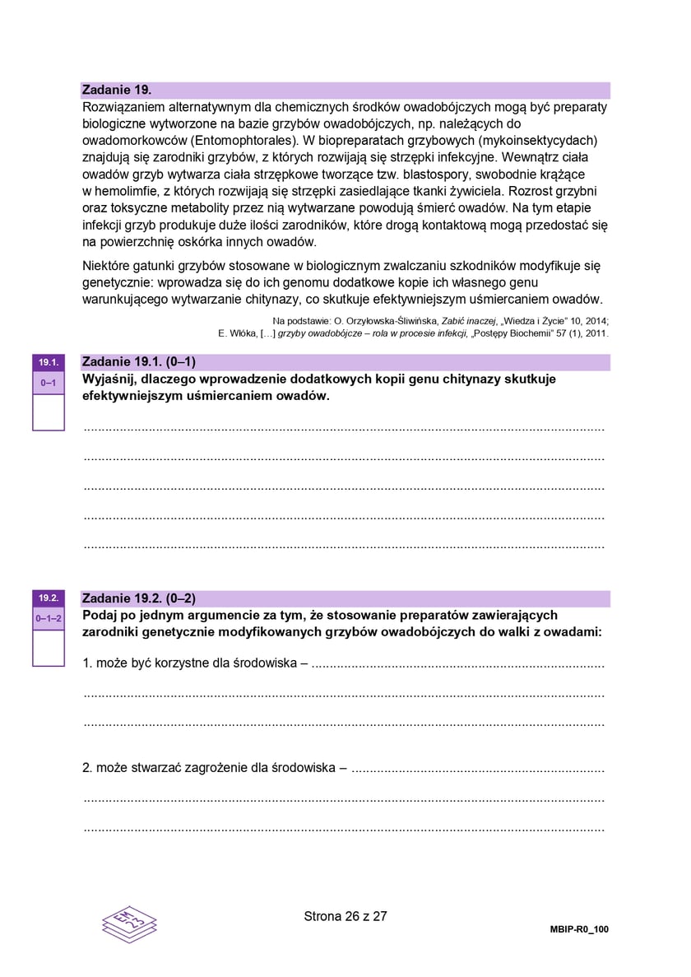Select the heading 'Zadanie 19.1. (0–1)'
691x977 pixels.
[x=139, y=362]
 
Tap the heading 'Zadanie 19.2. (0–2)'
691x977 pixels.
[x=139, y=598]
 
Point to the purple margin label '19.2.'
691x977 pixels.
[x=48, y=598]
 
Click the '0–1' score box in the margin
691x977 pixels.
[x=48, y=383]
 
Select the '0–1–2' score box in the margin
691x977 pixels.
[x=48, y=618]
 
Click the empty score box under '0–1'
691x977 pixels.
[x=48, y=412]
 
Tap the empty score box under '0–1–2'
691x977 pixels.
[x=48, y=648]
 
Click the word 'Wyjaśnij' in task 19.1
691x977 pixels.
[x=110, y=379]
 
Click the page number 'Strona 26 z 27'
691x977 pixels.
[x=345, y=916]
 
